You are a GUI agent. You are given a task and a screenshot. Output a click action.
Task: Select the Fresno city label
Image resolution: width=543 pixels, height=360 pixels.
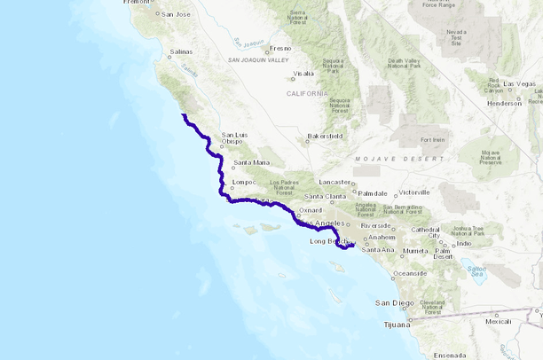(280, 48)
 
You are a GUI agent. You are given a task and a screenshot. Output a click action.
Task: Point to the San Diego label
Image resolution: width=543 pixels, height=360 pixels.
(394, 303)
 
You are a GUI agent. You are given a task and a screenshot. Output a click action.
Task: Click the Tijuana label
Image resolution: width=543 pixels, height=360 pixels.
(396, 324)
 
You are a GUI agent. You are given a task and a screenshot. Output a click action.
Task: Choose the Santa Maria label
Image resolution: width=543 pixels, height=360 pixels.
(250, 162)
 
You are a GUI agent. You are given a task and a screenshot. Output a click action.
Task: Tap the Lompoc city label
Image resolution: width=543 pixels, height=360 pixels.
(243, 183)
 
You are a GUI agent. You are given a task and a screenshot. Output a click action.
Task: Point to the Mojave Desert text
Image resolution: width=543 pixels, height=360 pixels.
(399, 158)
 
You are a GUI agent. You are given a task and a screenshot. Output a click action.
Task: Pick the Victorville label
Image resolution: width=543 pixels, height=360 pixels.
(413, 192)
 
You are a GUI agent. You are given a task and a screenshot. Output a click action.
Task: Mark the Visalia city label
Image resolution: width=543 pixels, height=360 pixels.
(303, 73)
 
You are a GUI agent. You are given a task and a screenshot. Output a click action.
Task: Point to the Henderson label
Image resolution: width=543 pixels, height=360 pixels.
(504, 103)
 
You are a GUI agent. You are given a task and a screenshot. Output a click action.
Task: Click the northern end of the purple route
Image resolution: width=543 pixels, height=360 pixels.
(183, 115)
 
